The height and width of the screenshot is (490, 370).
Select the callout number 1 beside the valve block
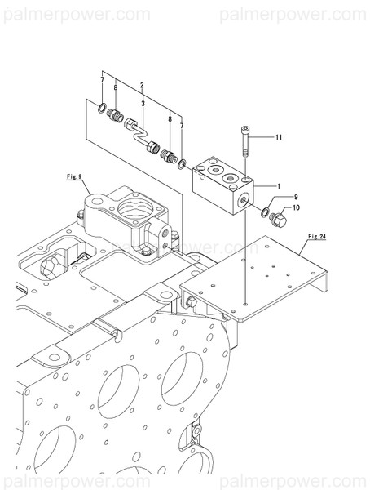pos(278,186)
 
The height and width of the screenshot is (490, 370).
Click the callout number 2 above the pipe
pos(142,84)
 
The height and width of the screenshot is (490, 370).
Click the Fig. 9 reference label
pos(74,175)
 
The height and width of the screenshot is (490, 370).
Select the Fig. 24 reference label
pos(317,237)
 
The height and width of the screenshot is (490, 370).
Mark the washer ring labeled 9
pos(266,213)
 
